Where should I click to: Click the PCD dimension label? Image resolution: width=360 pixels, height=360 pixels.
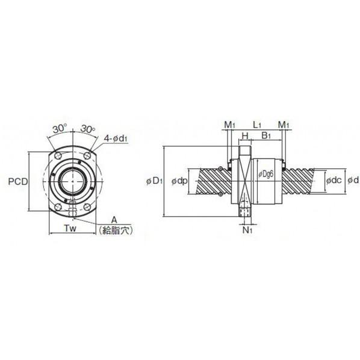pos(18,182)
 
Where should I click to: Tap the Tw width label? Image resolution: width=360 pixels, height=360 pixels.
pos(70,228)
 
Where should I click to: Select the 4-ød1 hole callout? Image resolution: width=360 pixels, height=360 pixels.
pos(116,138)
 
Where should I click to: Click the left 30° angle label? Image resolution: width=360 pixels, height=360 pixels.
pos(60,129)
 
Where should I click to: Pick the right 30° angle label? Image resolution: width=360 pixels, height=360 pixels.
pos(88,129)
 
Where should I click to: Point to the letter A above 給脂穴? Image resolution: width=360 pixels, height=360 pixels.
pos(114,220)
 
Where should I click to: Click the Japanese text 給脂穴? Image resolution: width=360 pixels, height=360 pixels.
pos(116,231)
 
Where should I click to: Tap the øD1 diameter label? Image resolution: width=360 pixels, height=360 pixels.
pos(154,181)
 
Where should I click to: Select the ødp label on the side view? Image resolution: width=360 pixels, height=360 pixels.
pos(179,181)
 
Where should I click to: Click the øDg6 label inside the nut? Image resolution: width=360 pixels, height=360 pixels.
pos(266,174)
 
